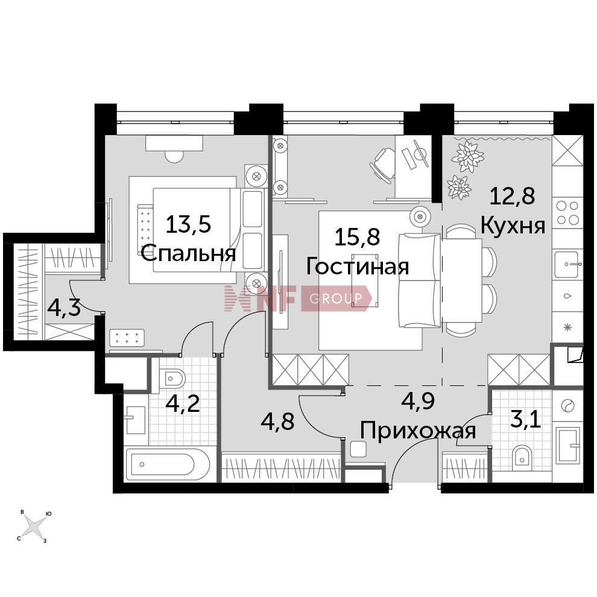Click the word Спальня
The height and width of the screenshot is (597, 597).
pyautogui.click(x=189, y=253)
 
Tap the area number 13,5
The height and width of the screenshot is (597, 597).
pyautogui.click(x=188, y=224)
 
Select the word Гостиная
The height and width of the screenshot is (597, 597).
pyautogui.click(x=357, y=267)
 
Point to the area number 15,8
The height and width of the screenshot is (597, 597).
pyautogui.click(x=357, y=237)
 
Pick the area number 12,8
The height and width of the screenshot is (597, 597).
pyautogui.click(x=513, y=196)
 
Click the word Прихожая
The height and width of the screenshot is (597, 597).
pyautogui.click(x=418, y=431)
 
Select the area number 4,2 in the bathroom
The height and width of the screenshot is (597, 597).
pyautogui.click(x=183, y=403)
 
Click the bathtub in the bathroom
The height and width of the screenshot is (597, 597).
pyautogui.click(x=168, y=465)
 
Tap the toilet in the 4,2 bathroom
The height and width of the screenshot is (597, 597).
pyautogui.click(x=172, y=379)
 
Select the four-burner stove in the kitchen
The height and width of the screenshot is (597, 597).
pyautogui.click(x=567, y=213)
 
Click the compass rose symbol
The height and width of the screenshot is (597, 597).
pyautogui.click(x=34, y=526)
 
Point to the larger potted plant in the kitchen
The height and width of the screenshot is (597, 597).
pyautogui.click(x=467, y=156)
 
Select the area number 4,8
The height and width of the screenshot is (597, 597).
pyautogui.click(x=277, y=422)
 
